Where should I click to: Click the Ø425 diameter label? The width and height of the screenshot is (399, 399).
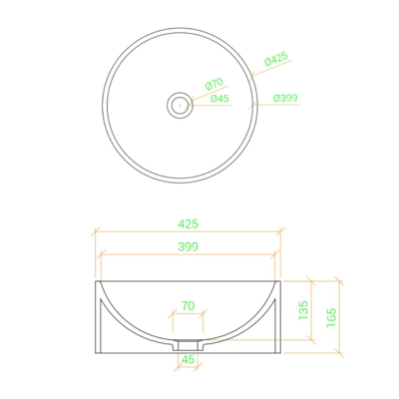pos(276,59)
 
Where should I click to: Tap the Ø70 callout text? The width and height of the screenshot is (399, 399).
pos(214,84)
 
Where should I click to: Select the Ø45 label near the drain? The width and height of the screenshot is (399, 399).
pos(220,99)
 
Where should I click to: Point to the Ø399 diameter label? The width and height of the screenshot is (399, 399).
pos(285,98)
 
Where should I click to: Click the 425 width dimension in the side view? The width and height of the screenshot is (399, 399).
pos(189,223)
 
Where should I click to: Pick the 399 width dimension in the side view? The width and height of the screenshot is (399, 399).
pos(189,246)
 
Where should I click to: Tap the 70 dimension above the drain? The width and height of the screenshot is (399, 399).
pos(189,305)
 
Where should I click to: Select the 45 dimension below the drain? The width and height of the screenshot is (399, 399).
pos(189,359)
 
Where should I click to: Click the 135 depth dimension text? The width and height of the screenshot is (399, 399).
pos(303,310)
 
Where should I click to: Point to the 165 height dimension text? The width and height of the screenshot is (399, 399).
pos(331,317)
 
